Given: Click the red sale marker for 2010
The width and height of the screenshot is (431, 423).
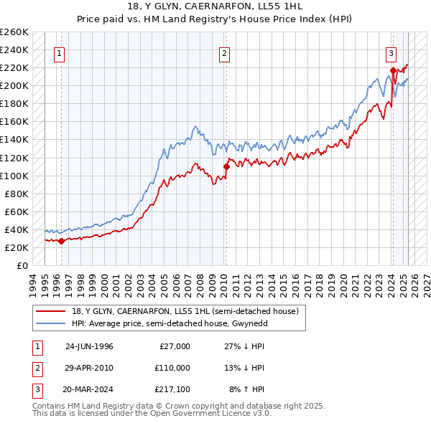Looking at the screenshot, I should pyautogui.click(x=226, y=166).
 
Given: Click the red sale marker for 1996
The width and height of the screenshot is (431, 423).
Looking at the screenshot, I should pyautogui.click(x=61, y=241).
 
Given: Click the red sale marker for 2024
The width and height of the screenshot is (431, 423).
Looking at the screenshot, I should pyautogui.click(x=393, y=70).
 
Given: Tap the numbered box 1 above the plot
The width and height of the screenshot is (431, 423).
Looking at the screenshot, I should pyautogui.click(x=58, y=52).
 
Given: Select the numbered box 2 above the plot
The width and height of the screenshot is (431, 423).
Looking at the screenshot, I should pyautogui.click(x=225, y=52).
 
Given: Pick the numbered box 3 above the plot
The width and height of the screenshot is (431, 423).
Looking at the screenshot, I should pyautogui.click(x=391, y=52).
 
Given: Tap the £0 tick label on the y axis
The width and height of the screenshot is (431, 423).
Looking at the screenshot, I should pyautogui.click(x=22, y=265).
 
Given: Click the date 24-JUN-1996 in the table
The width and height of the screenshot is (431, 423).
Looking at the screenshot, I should pyautogui.click(x=89, y=346).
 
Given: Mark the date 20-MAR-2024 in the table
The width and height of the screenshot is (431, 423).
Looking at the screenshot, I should pyautogui.click(x=89, y=389).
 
